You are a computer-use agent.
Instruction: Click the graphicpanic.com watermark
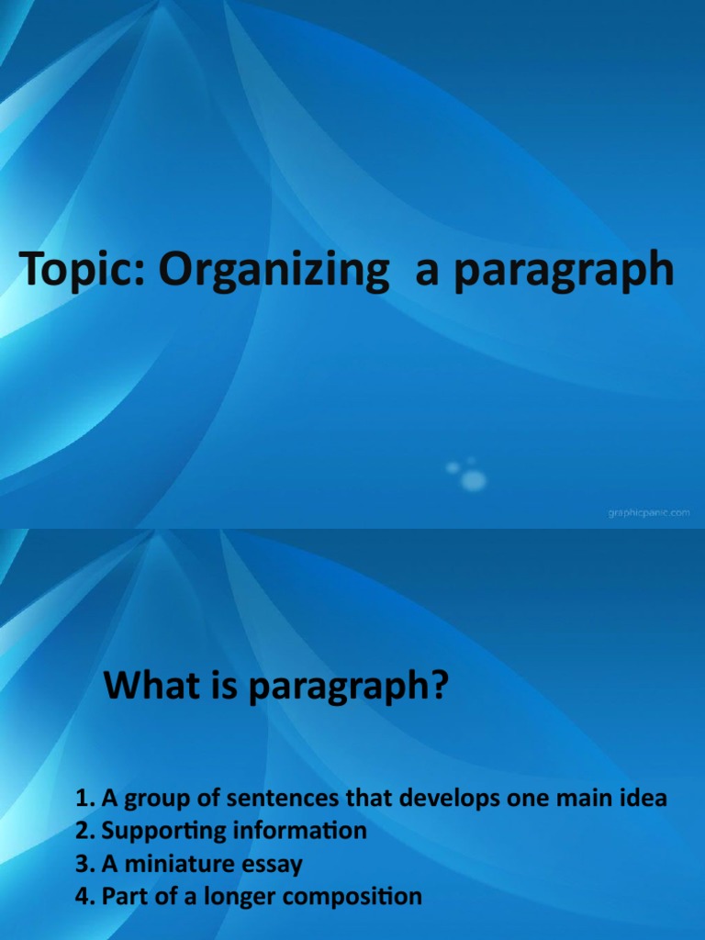[x=648, y=513]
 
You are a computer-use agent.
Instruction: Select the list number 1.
[x=85, y=799]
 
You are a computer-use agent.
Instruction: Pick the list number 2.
[x=85, y=832]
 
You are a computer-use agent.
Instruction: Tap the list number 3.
[x=85, y=864]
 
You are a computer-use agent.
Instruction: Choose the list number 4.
[x=85, y=897]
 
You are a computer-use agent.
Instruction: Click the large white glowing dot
[x=474, y=479]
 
